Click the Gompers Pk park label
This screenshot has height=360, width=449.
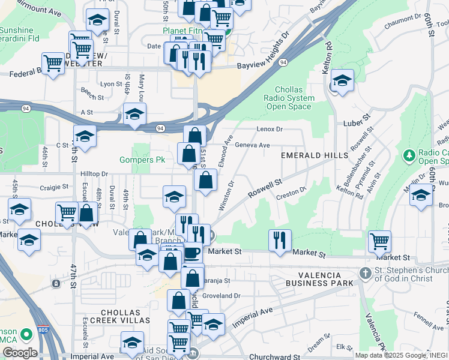pos(142,160)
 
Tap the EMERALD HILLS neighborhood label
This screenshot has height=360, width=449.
pos(315,155)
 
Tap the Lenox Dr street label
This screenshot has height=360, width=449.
pos(269,129)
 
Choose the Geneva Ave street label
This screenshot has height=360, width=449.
pos(253,145)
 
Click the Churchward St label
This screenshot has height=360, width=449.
pos(275,356)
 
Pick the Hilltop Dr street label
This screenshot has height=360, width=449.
pos(94,173)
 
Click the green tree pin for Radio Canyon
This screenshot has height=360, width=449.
pos(410,156)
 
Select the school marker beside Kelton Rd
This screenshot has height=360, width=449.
pos(342,82)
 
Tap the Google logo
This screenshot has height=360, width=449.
pos(19,353)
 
